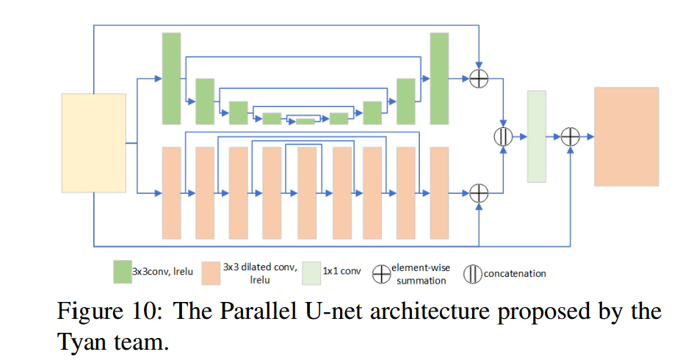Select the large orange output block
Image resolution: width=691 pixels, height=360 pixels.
[x=626, y=136]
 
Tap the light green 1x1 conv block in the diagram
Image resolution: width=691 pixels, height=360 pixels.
[x=537, y=136]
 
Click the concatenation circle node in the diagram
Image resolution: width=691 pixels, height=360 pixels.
[x=503, y=136]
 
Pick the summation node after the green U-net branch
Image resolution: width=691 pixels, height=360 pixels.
[x=479, y=78]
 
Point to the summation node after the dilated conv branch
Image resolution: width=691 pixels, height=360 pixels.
[x=479, y=193]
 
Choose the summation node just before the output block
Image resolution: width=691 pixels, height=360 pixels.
[x=571, y=136]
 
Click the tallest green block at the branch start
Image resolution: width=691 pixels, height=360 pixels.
[x=171, y=78]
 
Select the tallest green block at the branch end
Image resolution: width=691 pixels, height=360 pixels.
[x=439, y=78]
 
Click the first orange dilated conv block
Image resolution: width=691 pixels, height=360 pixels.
[x=171, y=192]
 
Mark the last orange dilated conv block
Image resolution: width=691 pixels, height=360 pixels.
[x=439, y=192]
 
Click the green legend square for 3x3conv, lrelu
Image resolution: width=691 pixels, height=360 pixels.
[x=122, y=272]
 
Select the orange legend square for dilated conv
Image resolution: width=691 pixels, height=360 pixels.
[x=211, y=272]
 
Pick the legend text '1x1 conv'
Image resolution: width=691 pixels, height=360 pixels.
[x=341, y=273]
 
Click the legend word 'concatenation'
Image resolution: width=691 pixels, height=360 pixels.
[x=515, y=273]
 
